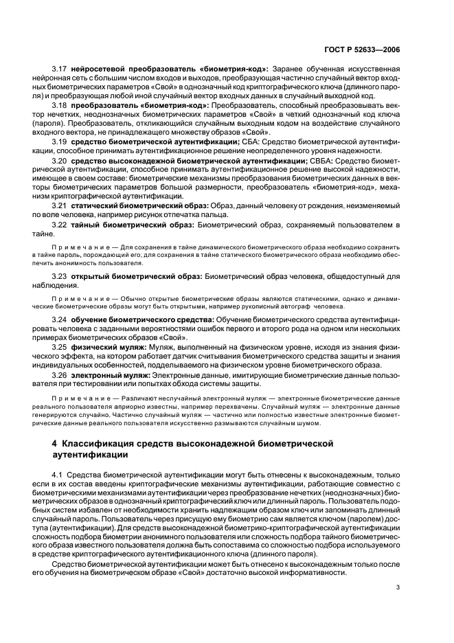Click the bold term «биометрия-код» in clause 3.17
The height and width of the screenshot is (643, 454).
click(239, 69)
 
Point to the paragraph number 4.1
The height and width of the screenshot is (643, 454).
click(58, 474)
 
